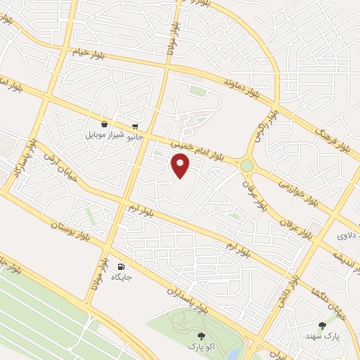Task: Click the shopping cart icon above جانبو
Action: click(x=134, y=127)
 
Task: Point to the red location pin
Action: click(x=180, y=165)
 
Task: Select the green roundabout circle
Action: click(x=247, y=165)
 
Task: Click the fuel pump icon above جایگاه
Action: click(x=120, y=266)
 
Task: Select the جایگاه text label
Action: click(x=120, y=277)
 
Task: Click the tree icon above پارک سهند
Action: click(x=322, y=325)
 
